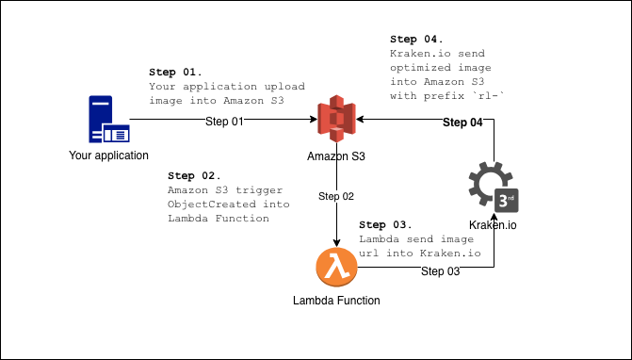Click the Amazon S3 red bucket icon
(336, 120)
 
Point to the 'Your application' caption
(108, 155)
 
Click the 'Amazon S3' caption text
(336, 155)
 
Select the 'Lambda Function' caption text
(336, 301)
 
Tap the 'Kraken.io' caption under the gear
(494, 225)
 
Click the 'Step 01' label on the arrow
(225, 122)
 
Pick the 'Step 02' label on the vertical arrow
(336, 197)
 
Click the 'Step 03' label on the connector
(440, 271)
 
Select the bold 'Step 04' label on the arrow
(462, 123)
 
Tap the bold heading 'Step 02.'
(194, 176)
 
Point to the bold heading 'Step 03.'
(386, 225)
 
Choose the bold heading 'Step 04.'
(415, 40)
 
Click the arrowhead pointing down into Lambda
(336, 242)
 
